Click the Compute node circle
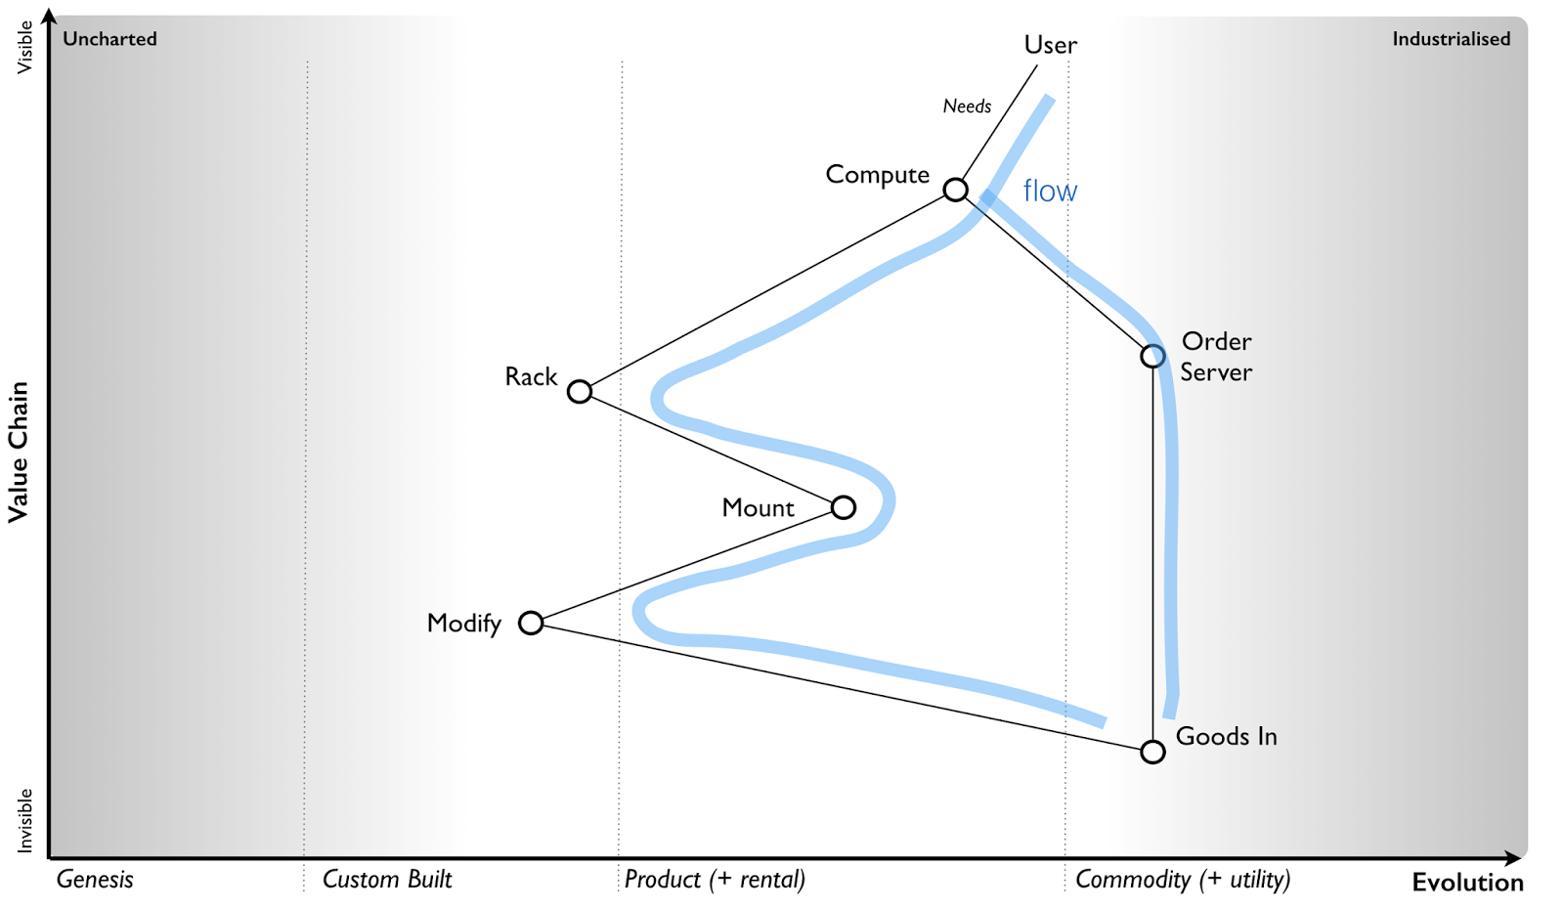coord(955,190)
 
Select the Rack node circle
coord(580,392)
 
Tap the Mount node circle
coord(844,507)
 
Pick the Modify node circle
coord(531,623)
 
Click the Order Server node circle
coord(1152,356)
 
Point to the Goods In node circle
coord(1152,752)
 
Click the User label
coord(1050,45)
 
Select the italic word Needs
coord(967,107)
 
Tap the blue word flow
coord(1050,191)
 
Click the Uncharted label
coord(109,39)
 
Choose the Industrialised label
coord(1451,39)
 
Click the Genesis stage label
coord(95,879)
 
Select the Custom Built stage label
coord(387,879)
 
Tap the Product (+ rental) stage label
coord(715,879)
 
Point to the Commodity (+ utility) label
coord(1183,879)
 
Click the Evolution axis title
coord(1467,883)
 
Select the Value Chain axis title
coord(18,452)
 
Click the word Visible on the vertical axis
coord(24,47)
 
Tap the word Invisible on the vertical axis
coord(24,820)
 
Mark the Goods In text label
coord(1226,736)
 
